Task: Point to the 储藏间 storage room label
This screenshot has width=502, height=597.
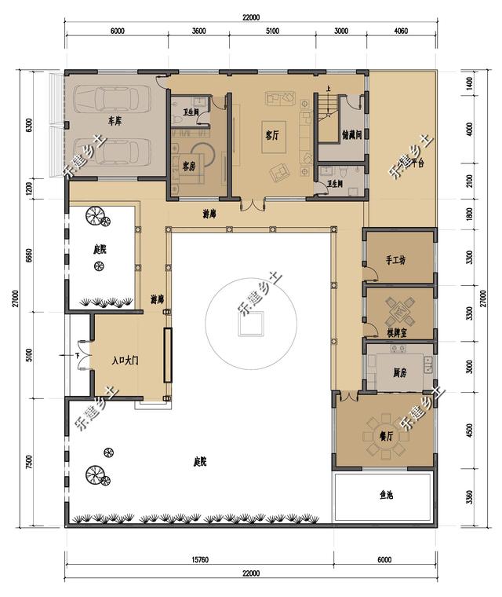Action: tap(352, 135)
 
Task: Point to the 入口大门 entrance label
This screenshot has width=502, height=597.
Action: tap(124, 361)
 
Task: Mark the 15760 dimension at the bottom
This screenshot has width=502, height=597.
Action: tap(198, 559)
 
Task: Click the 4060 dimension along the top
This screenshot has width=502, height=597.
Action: tap(399, 32)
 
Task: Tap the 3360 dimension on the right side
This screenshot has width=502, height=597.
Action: tap(470, 496)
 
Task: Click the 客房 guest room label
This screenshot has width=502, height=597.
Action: tap(188, 167)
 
